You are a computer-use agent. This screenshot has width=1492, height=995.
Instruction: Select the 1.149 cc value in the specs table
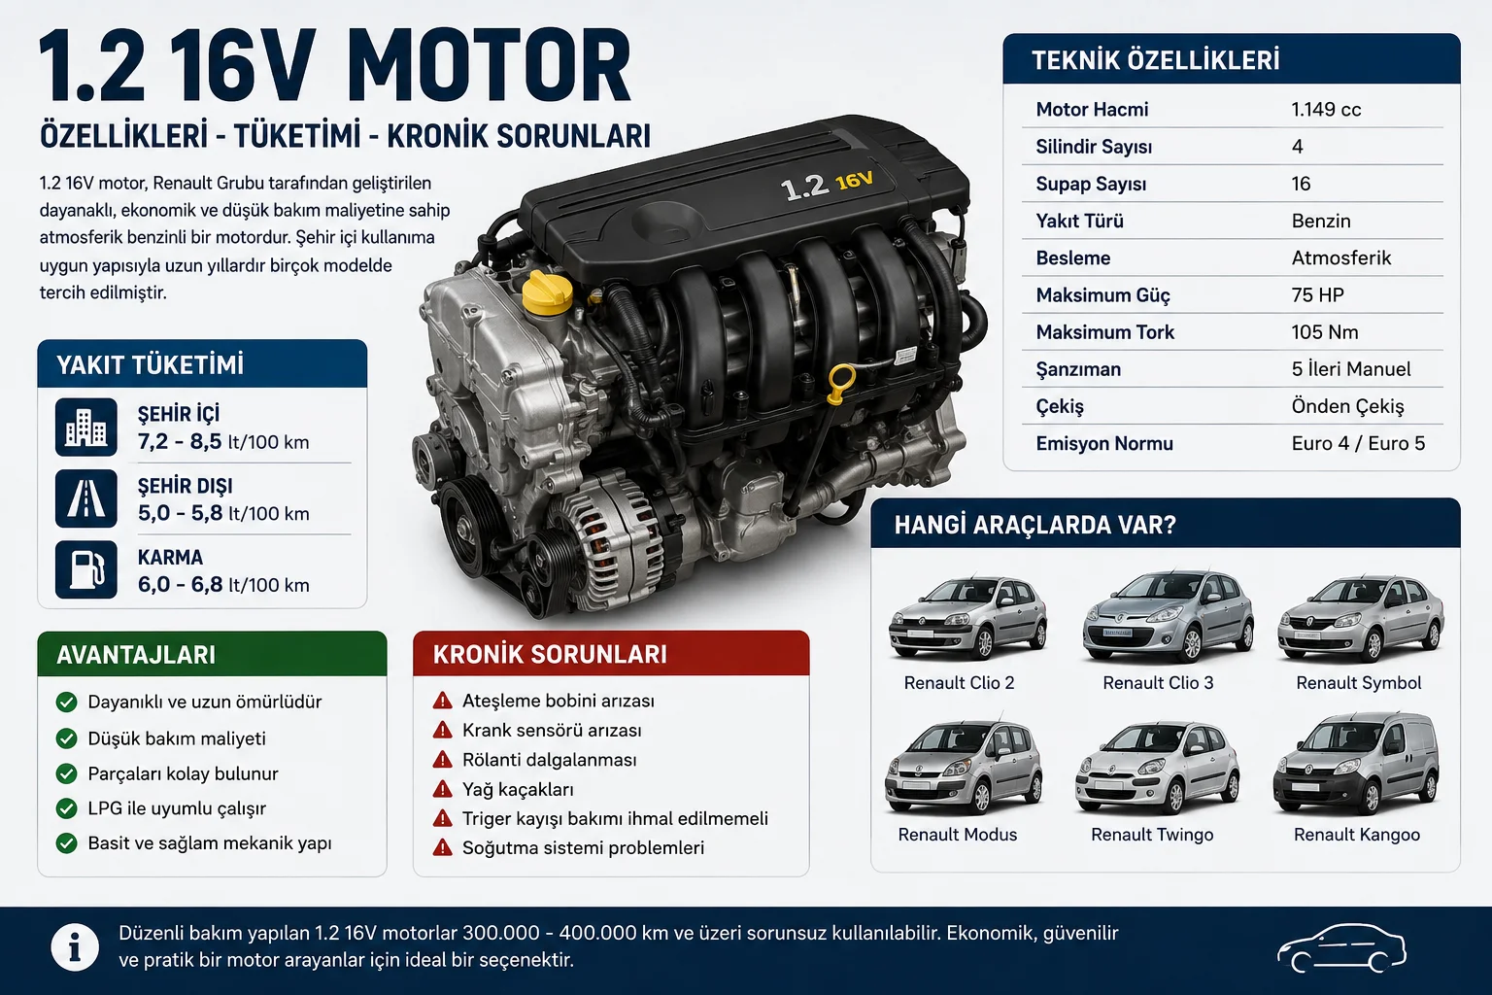[x=1326, y=109]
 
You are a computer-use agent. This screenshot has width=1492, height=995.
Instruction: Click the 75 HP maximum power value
[x=1317, y=294]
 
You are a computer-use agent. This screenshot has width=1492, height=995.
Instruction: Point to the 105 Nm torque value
[x=1324, y=332]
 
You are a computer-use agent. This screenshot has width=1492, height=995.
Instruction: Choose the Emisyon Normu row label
[x=1103, y=443]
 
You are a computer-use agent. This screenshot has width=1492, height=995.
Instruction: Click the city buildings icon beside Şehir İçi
[x=86, y=428]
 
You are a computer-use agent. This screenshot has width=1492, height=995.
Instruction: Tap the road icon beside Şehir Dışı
[x=86, y=498]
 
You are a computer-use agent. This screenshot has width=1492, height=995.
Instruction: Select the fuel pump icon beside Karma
[x=86, y=569]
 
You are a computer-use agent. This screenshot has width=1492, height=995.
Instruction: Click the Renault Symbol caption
[x=1358, y=683]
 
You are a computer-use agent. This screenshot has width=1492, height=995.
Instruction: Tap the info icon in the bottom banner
[x=75, y=947]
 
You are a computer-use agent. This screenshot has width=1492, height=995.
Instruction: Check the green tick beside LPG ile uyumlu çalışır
[x=67, y=808]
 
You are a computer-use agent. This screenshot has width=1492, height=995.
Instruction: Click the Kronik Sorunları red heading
[x=550, y=655]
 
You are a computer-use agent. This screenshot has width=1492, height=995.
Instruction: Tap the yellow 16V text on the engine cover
[x=854, y=180]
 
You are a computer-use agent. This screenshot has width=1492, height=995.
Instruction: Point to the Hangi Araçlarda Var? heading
[x=1035, y=525]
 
